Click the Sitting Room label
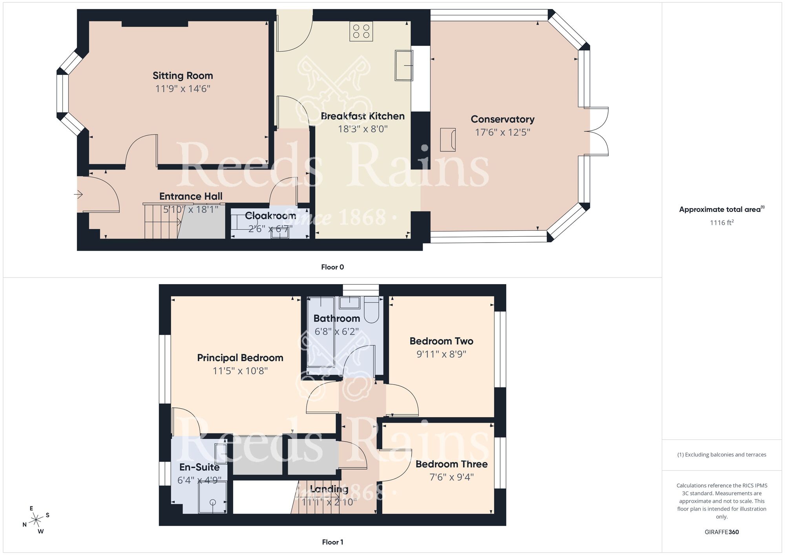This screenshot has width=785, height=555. (x=183, y=75)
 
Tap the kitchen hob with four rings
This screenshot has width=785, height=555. (x=361, y=31)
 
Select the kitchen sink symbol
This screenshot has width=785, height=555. (x=403, y=65)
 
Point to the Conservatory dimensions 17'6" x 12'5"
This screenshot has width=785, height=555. (x=502, y=132)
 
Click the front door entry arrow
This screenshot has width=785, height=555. (x=78, y=194)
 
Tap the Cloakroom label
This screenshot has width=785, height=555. (x=270, y=215)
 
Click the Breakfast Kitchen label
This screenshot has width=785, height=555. (x=362, y=116)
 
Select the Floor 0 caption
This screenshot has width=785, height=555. (x=332, y=267)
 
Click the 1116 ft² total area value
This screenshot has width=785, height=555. (x=721, y=223)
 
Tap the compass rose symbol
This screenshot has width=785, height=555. (x=36, y=520)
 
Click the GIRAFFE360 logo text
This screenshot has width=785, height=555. (x=721, y=532)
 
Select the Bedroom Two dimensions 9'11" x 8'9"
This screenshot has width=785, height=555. (x=441, y=354)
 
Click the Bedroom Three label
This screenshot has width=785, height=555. (x=451, y=464)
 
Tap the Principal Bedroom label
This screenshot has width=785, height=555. (x=240, y=358)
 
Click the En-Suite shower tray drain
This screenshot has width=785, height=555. (x=213, y=502)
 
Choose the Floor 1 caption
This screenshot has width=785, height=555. (x=332, y=542)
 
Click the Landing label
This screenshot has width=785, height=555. (x=329, y=489)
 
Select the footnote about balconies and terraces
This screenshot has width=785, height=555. (x=721, y=455)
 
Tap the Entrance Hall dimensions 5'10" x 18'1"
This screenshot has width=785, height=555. (x=191, y=209)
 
